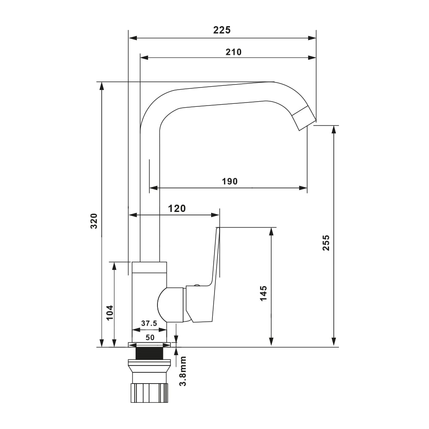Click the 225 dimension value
point(222,30)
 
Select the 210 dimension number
point(233,52)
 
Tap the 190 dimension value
point(230,181)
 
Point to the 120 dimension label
point(177,208)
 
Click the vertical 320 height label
point(94,221)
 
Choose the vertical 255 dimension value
point(326,243)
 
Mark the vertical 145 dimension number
point(263,293)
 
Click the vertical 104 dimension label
point(109,312)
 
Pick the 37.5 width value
point(149,323)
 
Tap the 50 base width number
point(150,338)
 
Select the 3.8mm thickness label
point(183,371)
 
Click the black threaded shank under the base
point(149,354)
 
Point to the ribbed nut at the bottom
point(149,393)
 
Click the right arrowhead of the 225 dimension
point(312,38)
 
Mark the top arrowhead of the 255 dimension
point(334,130)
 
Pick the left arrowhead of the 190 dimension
point(154,188)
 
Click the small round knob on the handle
point(196,285)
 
